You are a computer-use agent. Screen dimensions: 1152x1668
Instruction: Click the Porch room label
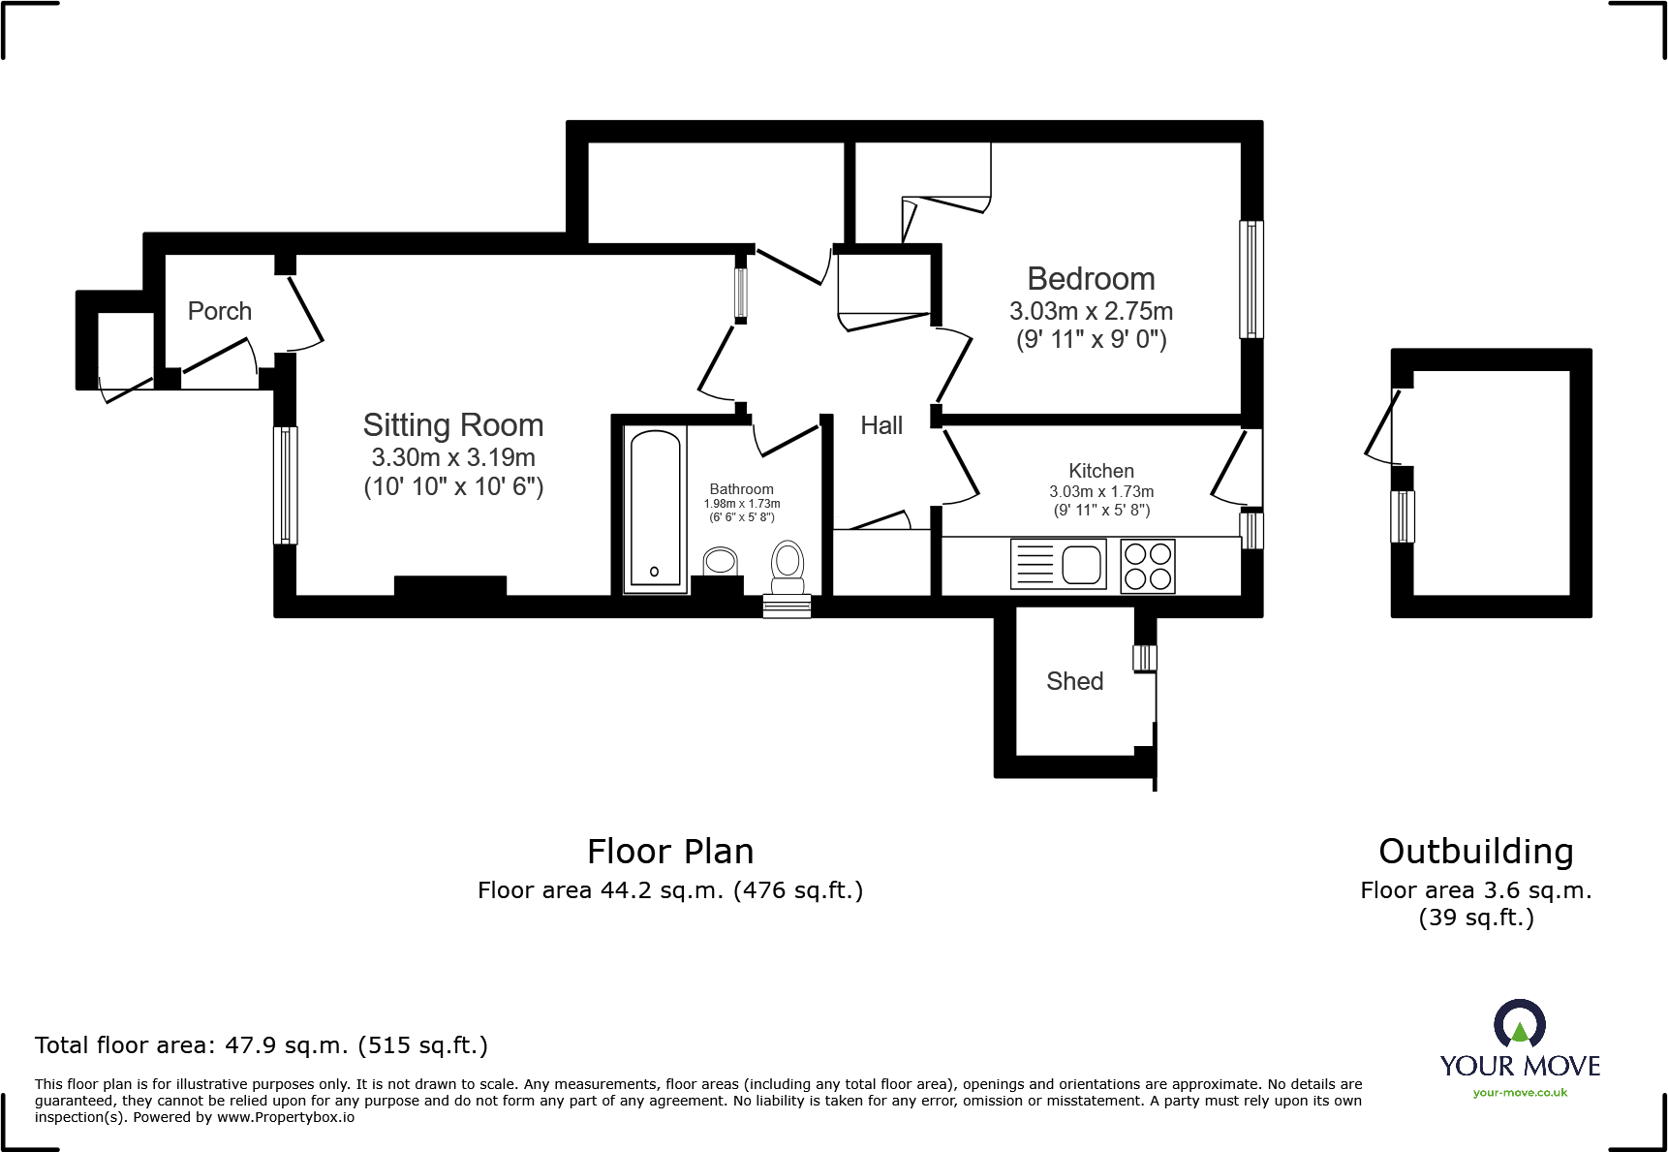click(220, 311)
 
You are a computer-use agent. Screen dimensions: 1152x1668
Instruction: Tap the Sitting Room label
click(453, 425)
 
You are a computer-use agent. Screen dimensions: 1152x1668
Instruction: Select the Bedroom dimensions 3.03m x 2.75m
click(1091, 311)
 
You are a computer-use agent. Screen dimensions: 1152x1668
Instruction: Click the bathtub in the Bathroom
click(655, 508)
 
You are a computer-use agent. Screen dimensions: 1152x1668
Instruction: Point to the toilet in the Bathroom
click(788, 566)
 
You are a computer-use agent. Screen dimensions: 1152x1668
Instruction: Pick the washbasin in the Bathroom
click(720, 561)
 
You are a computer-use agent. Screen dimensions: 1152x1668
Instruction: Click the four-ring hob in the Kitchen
click(1148, 566)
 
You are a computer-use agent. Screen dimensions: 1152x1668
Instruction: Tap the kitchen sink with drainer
click(1059, 564)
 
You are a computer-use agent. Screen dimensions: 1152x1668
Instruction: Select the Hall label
click(881, 425)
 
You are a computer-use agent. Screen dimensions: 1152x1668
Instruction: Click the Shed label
click(1074, 681)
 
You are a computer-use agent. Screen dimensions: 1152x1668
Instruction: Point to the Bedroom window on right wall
click(1251, 279)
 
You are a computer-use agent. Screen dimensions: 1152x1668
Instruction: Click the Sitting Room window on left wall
click(285, 484)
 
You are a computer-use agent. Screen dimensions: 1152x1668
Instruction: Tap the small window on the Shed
click(1144, 658)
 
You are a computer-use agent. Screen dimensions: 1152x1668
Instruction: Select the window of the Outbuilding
click(1403, 516)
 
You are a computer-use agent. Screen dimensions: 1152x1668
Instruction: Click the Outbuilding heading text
click(1475, 852)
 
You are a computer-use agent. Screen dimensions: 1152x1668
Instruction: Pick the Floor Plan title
click(670, 852)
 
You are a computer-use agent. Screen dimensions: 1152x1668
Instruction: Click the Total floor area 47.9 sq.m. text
click(262, 1045)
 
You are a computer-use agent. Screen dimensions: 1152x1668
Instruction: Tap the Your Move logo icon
click(1519, 1023)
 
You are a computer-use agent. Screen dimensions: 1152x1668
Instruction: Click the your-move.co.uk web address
click(1520, 1093)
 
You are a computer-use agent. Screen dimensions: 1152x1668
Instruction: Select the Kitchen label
click(1100, 471)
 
